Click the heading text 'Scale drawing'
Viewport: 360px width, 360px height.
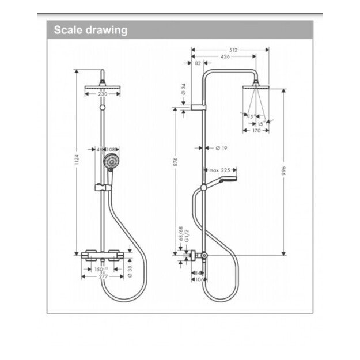pyautogui.click(x=90, y=31)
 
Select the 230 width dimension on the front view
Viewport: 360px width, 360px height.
pyautogui.click(x=102, y=94)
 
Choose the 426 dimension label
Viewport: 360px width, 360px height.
pyautogui.click(x=225, y=56)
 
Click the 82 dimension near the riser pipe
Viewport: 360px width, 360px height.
pyautogui.click(x=198, y=63)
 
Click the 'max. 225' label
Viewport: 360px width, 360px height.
pyautogui.click(x=219, y=170)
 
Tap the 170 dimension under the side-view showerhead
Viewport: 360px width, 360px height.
pyautogui.click(x=257, y=131)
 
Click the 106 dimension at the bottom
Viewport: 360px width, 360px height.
pyautogui.click(x=199, y=280)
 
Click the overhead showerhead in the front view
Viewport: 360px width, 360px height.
pyautogui.click(x=102, y=86)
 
